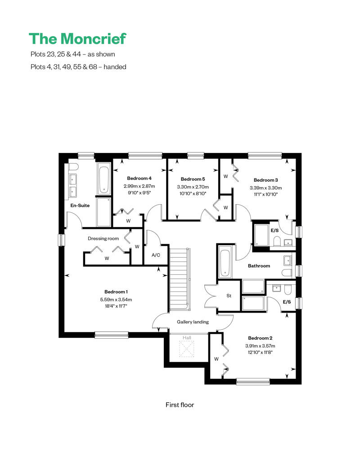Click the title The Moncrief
tap(77, 39)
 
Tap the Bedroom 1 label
tap(116, 292)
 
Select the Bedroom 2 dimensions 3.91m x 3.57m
tap(260, 346)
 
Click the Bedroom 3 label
tap(266, 180)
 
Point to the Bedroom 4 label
tap(139, 178)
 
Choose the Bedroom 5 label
tap(193, 179)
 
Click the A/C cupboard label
tap(156, 255)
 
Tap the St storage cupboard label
tap(229, 296)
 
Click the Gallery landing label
tap(193, 322)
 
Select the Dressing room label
tap(103, 238)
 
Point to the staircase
tap(180, 279)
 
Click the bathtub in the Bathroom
tap(225, 262)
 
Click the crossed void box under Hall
tap(187, 349)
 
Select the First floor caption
tap(180, 405)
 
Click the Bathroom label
tap(259, 266)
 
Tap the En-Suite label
tap(80, 206)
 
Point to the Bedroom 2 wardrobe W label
tap(216, 359)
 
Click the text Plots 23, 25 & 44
tap(56, 54)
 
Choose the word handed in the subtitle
tap(115, 67)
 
